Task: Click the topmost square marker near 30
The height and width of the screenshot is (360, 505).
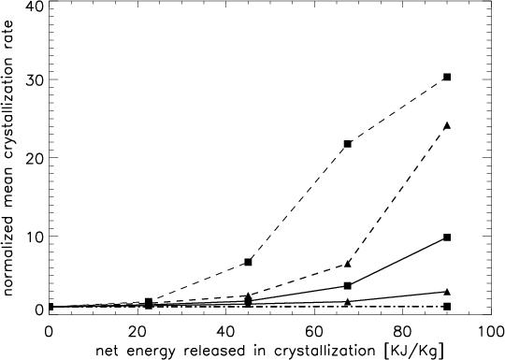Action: [447, 77]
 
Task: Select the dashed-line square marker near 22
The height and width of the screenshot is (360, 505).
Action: [347, 144]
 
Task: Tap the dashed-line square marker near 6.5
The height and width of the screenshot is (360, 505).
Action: [248, 262]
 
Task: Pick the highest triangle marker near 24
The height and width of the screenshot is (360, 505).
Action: [447, 125]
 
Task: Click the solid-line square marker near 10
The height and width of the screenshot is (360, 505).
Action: [447, 238]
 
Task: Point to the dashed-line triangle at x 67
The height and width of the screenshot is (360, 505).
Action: [347, 264]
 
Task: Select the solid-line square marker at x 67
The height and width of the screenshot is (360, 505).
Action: [347, 285]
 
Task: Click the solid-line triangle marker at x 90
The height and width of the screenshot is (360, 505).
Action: [447, 292]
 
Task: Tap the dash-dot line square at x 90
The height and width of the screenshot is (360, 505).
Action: [447, 306]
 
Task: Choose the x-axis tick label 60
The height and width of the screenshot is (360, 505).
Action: [314, 332]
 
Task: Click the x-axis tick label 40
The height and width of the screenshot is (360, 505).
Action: [225, 332]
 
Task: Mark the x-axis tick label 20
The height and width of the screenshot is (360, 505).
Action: [137, 332]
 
